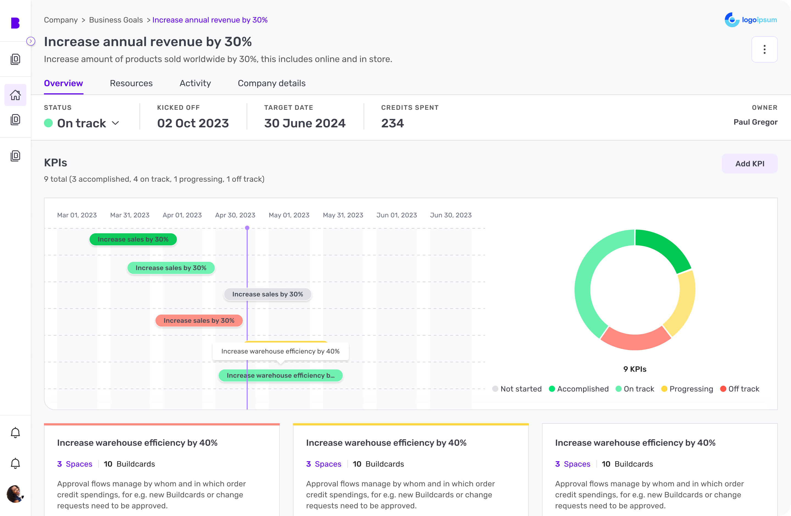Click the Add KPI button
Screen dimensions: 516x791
749,164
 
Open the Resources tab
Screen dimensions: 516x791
131,83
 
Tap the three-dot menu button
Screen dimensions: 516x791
764,49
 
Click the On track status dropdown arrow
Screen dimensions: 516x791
115,123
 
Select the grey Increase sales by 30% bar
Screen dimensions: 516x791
267,294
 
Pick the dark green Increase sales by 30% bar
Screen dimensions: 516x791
133,239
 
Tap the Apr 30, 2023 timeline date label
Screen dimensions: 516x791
235,215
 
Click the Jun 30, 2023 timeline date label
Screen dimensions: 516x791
450,215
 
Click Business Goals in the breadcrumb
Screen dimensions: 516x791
116,20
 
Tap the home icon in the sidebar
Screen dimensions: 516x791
15,95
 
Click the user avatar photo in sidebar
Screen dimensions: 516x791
15,494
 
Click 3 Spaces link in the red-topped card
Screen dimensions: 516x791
74,464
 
